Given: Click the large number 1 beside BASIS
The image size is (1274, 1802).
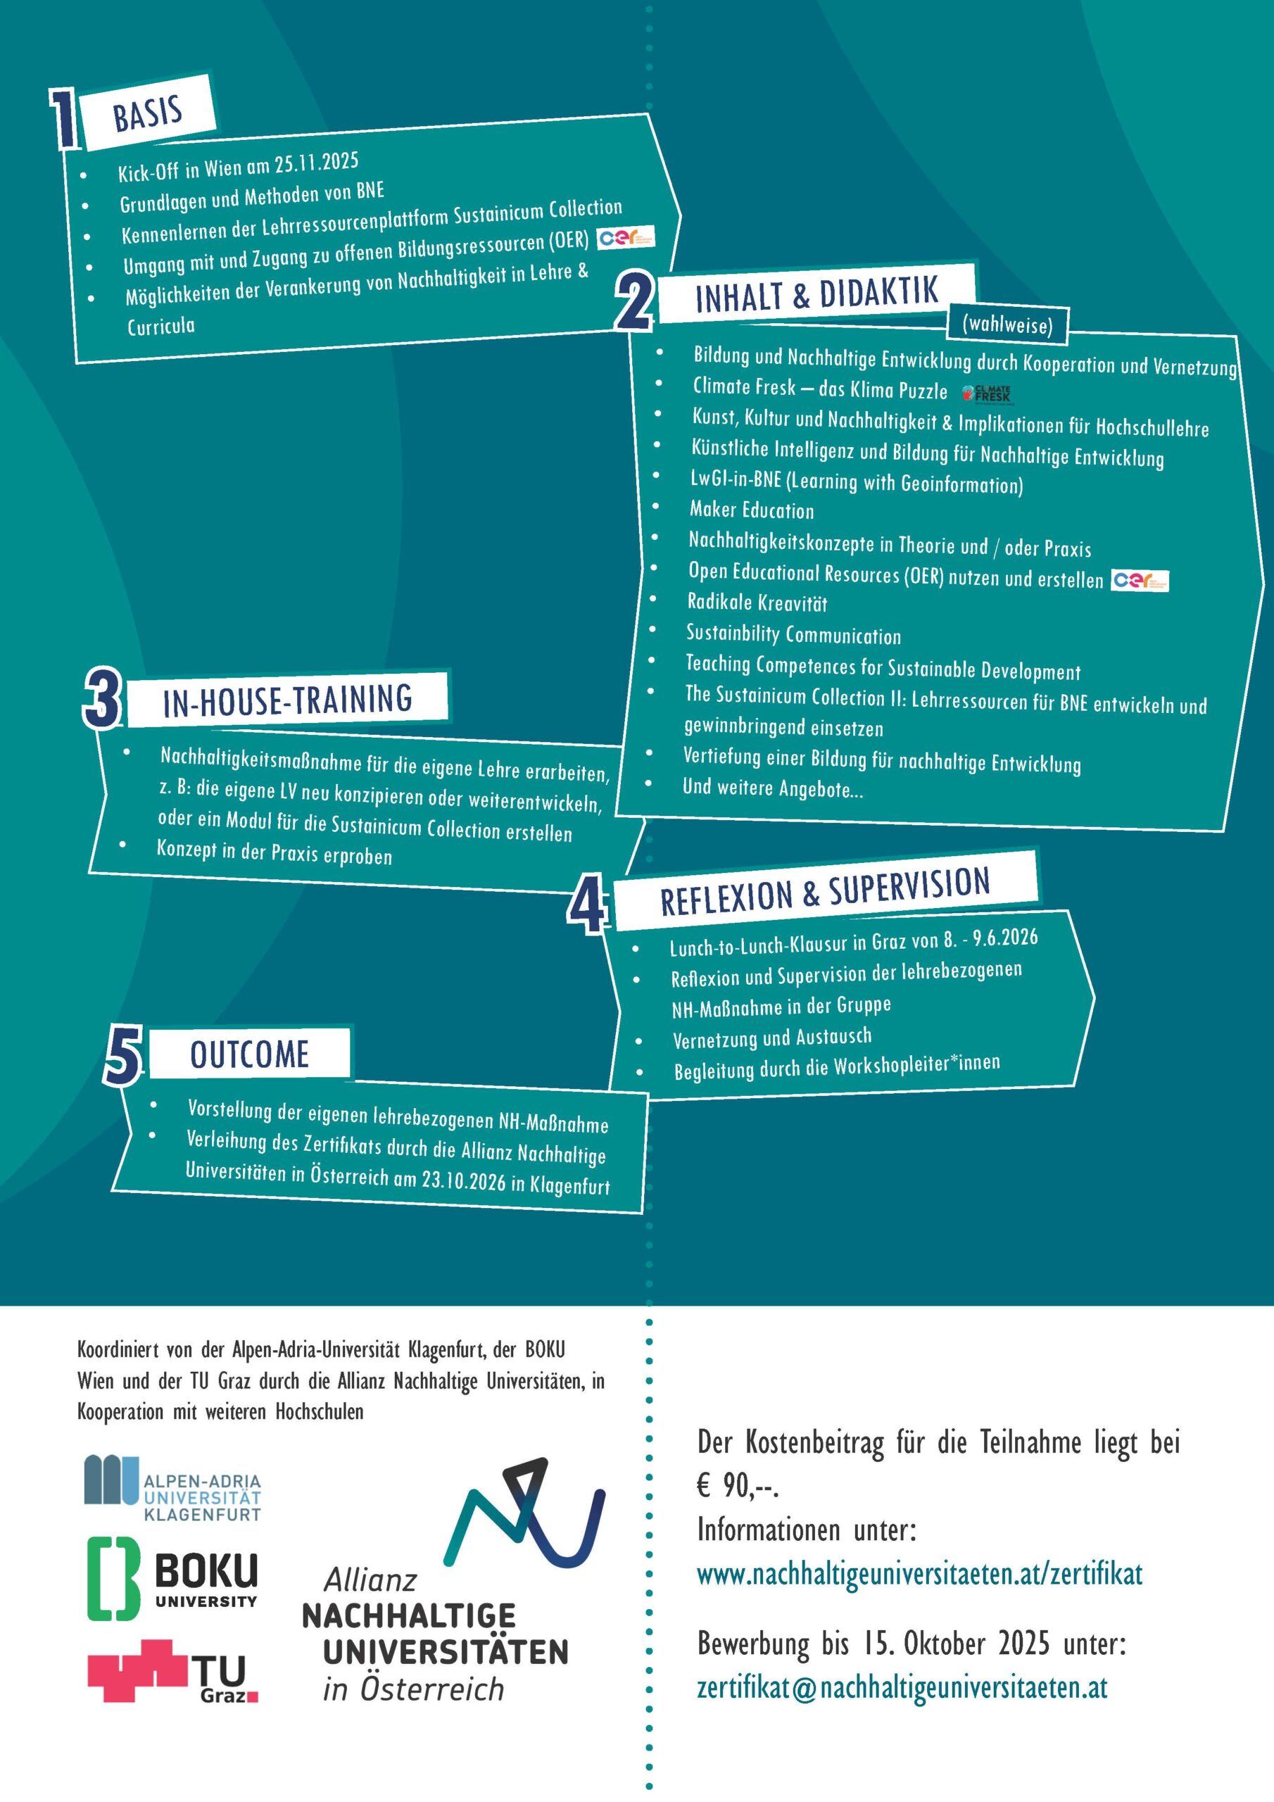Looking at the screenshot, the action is [x=64, y=118].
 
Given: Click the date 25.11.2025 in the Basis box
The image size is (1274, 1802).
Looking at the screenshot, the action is [x=316, y=164].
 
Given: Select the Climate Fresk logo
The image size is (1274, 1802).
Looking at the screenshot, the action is [x=988, y=393].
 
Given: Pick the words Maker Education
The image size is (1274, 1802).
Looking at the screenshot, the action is [x=752, y=510].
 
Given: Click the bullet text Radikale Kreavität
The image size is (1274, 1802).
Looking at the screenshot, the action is [x=757, y=602].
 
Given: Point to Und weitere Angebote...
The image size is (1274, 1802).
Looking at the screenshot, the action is [x=773, y=788].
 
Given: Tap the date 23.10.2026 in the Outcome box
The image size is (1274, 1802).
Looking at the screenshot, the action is [x=464, y=1180].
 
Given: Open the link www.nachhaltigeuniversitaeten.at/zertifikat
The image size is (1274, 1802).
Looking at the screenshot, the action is [x=920, y=1574].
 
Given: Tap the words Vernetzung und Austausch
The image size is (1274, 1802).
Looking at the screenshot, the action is [x=771, y=1038].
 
